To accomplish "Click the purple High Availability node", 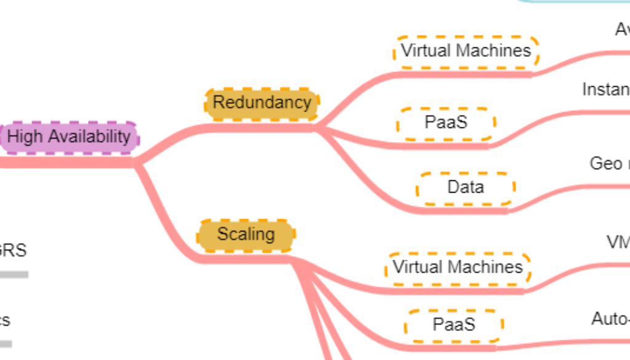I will [70, 137].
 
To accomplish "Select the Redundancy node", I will [262, 102].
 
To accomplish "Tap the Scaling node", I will [245, 234].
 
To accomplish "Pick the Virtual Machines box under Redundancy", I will [466, 50].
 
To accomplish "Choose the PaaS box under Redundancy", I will [446, 122].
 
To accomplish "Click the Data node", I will [466, 187].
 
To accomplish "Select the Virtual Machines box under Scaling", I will [458, 267].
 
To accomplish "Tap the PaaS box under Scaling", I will [453, 324].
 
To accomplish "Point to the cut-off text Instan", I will [605, 90].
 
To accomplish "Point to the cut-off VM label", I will [618, 242].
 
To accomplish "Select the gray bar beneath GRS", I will [14, 274].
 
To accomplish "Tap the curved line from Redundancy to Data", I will [369, 178].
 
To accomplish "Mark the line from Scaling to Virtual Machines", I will [345, 280].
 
